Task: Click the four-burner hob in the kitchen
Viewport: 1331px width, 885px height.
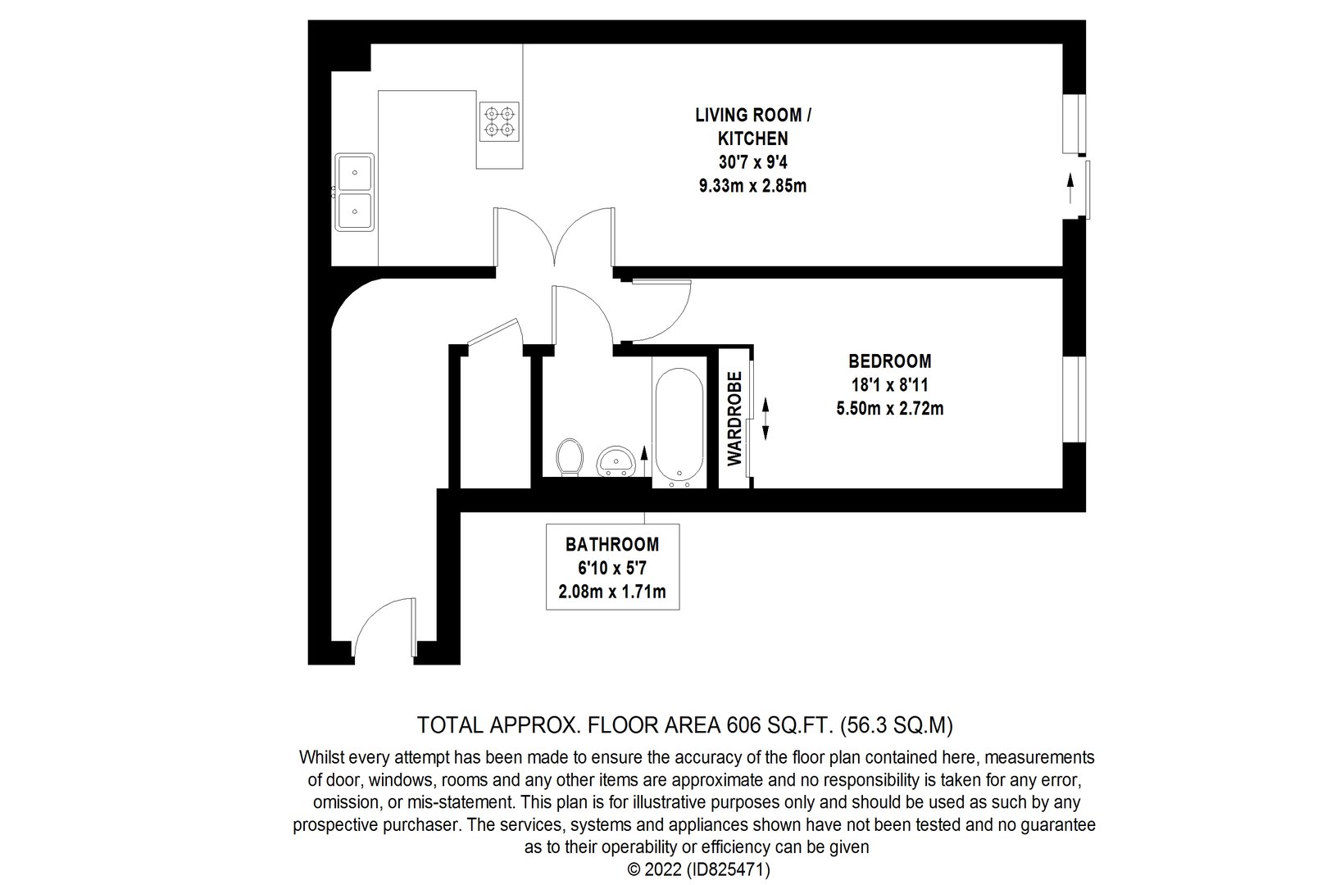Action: coord(499,122)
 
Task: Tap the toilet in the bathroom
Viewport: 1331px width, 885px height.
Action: coord(570,456)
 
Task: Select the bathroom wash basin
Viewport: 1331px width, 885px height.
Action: coord(616,462)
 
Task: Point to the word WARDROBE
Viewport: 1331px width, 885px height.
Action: coord(734,418)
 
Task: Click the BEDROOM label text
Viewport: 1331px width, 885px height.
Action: coord(889,361)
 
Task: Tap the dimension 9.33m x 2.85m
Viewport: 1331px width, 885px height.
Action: coord(752,186)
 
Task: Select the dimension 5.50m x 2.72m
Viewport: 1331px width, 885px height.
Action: coord(889,409)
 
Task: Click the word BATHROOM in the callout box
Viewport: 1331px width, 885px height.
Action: coord(612,544)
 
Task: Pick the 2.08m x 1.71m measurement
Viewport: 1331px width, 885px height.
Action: coord(612,592)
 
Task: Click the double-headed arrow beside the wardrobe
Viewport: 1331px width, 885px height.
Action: coord(765,419)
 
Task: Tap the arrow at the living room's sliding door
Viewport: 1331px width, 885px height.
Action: coord(1070,188)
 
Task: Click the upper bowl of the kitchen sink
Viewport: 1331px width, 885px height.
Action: coord(355,173)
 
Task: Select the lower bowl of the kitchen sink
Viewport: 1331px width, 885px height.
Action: coord(355,211)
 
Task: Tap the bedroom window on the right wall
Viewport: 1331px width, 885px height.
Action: coord(1074,399)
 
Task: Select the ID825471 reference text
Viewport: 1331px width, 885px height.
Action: coord(728,869)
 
